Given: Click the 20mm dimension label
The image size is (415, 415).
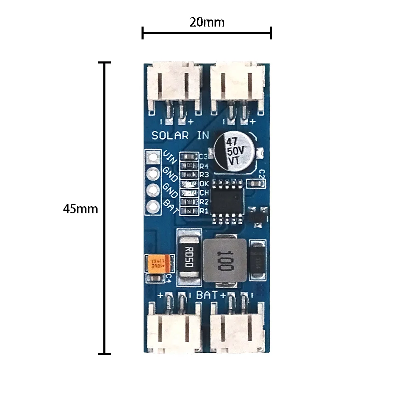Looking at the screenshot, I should coord(207,22).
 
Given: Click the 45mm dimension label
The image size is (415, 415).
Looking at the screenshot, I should coord(81,209).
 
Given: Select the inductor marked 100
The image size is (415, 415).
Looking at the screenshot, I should coord(223,260).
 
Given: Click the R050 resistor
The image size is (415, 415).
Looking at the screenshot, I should coord(189,258).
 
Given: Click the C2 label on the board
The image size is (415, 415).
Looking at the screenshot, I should coord(261,174).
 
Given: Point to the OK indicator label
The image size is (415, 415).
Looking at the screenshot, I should coord(204,183).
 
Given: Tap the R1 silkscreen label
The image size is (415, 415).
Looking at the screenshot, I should coord(204,211).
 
